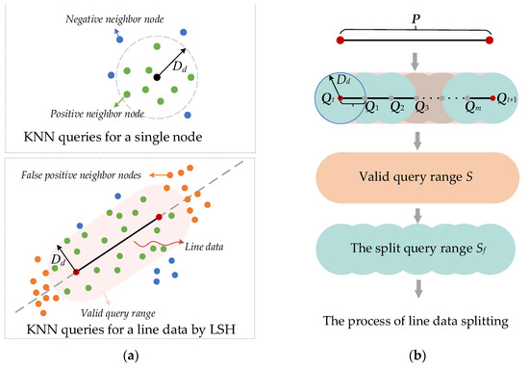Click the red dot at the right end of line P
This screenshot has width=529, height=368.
point(490,41)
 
